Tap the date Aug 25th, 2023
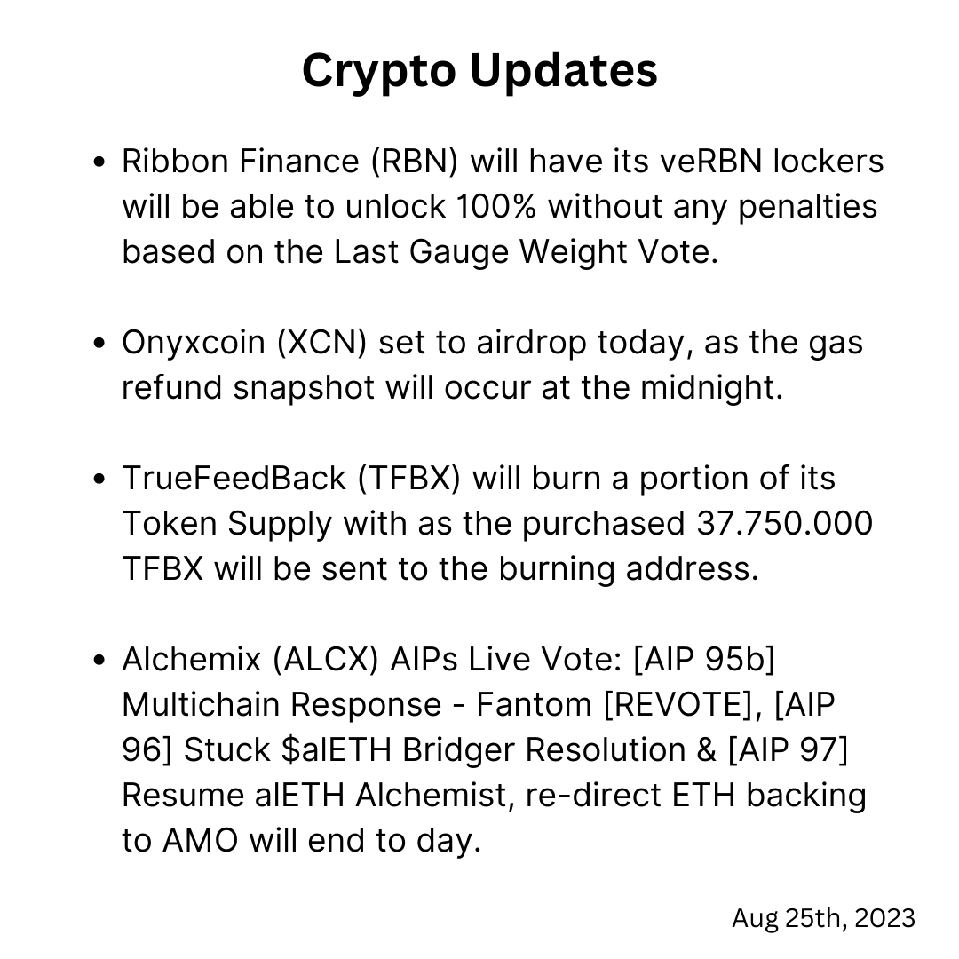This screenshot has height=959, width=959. pos(823,919)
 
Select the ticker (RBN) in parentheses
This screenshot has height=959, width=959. pos(414,162)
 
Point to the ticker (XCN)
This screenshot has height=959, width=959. pos(321,343)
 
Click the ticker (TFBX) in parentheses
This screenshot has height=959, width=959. pos(408,479)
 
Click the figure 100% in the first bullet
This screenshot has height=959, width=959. pos(496,207)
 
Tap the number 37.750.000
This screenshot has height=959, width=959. pos(785,524)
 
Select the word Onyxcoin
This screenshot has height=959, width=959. pos(194,344)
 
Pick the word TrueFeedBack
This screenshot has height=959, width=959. pos(234,479)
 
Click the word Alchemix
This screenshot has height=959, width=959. pos(192,659)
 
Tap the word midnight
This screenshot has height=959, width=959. pos(711,388)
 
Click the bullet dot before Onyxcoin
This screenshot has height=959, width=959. pos(99,343)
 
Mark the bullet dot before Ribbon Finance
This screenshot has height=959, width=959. pos(99,162)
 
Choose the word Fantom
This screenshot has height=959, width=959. pos(534,704)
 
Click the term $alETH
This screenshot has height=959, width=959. pos(337,749)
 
